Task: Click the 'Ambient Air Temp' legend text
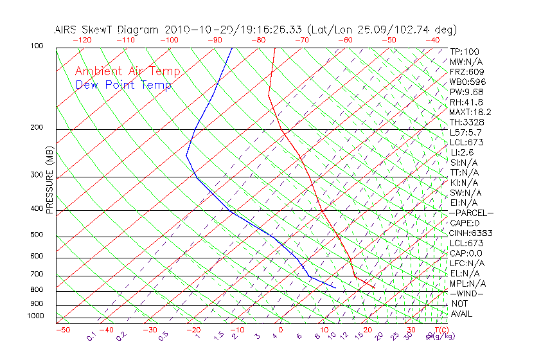(x=127, y=71)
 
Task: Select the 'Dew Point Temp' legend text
(x=123, y=85)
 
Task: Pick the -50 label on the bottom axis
(x=62, y=330)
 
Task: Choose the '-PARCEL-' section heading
(x=471, y=213)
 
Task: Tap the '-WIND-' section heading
(x=467, y=293)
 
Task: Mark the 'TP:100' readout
(x=465, y=51)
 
